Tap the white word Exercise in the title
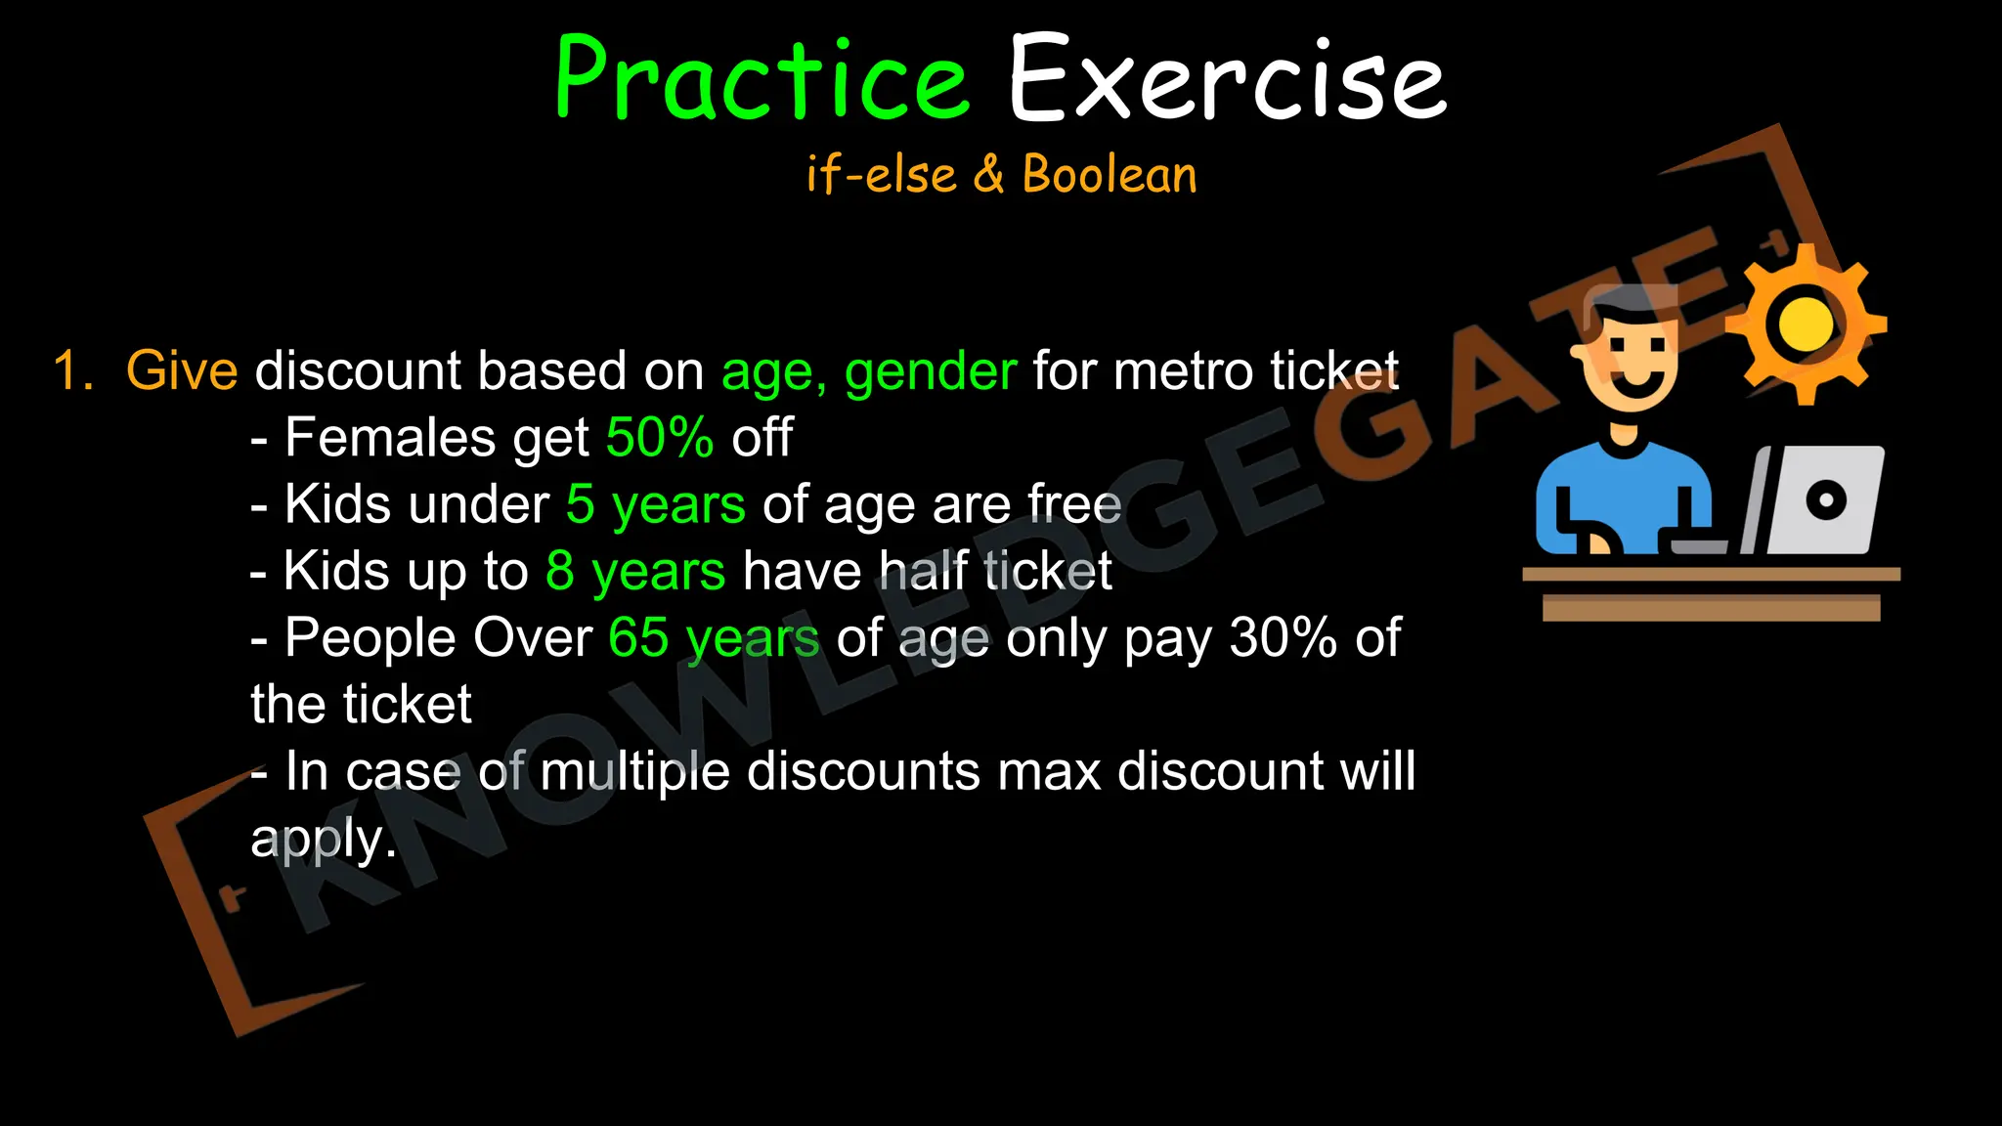pyautogui.click(x=1227, y=80)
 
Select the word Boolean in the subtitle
pyautogui.click(x=1110, y=175)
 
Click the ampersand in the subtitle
pyautogui.click(x=988, y=175)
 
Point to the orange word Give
pyautogui.click(x=182, y=371)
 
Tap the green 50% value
pyautogui.click(x=660, y=437)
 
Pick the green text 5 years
pyautogui.click(x=656, y=505)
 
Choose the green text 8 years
pyautogui.click(x=635, y=572)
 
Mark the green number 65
pyautogui.click(x=638, y=638)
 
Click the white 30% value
pyautogui.click(x=1284, y=638)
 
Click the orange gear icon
pyautogui.click(x=1806, y=325)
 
